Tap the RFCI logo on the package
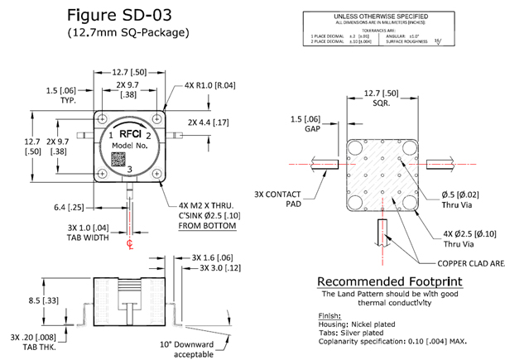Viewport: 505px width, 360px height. (x=127, y=130)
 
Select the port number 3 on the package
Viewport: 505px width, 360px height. (x=129, y=170)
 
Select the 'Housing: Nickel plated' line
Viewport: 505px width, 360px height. (x=353, y=324)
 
